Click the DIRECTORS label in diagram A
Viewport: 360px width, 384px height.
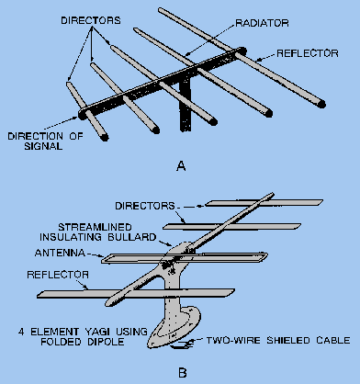(x=91, y=20)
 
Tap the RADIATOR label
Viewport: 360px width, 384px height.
(x=262, y=23)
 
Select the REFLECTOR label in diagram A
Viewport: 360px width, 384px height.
(x=308, y=53)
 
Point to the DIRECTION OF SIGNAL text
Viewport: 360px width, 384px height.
(x=45, y=141)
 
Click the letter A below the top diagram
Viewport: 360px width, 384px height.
(x=181, y=165)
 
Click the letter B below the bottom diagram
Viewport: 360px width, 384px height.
(x=182, y=373)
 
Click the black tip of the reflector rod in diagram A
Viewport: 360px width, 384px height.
(x=321, y=104)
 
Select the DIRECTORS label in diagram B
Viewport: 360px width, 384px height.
(x=145, y=206)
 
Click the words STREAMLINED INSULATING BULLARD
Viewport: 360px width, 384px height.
(x=98, y=232)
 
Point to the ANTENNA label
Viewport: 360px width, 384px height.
(x=60, y=253)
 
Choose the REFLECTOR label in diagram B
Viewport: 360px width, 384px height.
(x=58, y=275)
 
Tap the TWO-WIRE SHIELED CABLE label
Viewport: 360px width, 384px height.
(x=278, y=340)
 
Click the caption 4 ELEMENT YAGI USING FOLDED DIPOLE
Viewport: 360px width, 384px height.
(x=83, y=336)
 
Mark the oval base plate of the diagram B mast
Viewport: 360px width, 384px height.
(x=174, y=329)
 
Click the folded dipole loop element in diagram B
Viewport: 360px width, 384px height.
(x=185, y=258)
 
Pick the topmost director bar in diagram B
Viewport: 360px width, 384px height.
(x=264, y=203)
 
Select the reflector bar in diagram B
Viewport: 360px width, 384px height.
(x=136, y=293)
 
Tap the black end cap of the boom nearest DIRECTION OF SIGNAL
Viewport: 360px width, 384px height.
(x=82, y=114)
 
